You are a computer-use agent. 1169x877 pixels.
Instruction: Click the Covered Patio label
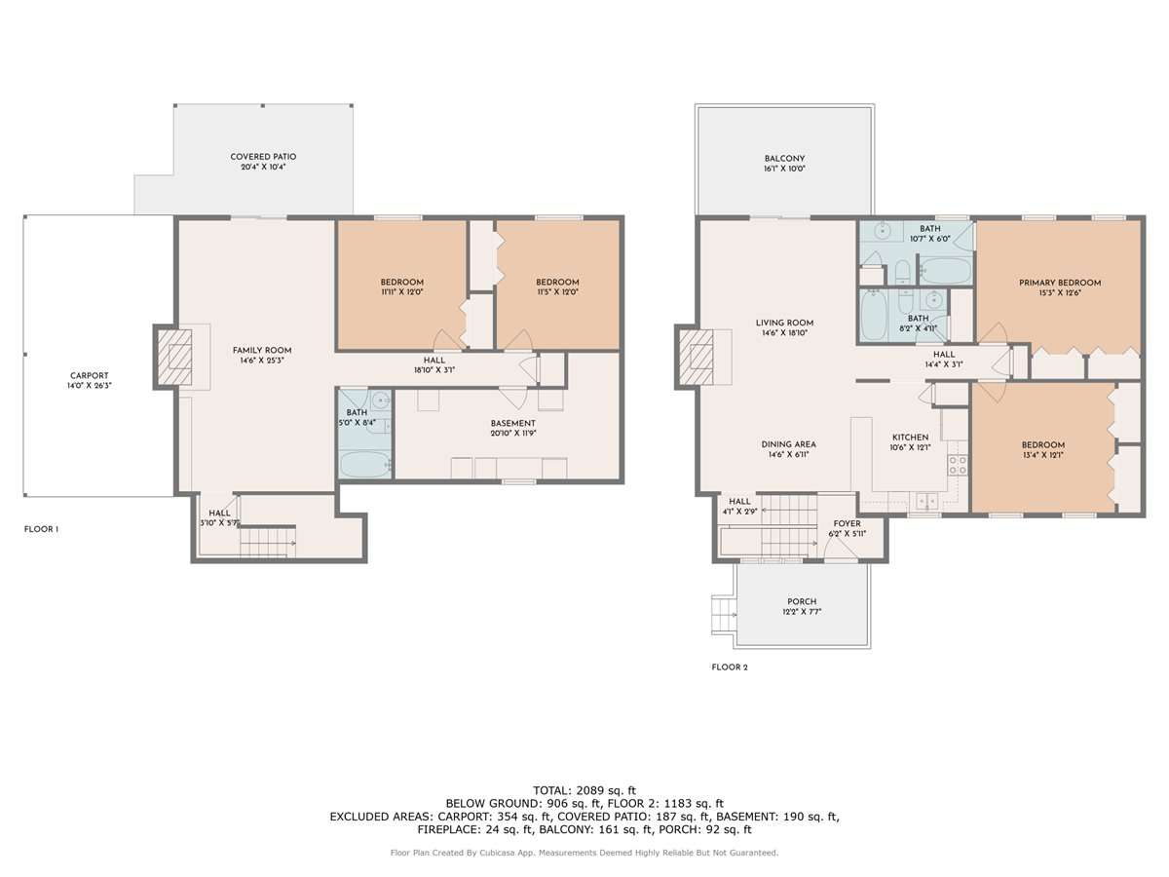[263, 157]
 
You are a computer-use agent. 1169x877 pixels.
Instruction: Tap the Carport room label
[89, 376]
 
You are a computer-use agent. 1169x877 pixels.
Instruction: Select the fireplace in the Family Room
[175, 357]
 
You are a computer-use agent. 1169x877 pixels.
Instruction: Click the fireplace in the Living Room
[698, 357]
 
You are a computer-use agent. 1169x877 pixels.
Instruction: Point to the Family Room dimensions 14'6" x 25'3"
[261, 362]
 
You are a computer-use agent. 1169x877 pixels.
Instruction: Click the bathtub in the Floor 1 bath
[365, 464]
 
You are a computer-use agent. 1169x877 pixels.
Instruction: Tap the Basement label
[512, 423]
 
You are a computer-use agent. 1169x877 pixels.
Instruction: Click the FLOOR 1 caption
[41, 529]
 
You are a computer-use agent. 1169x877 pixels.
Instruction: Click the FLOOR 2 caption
[730, 667]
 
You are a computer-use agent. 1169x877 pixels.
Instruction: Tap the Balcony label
[784, 158]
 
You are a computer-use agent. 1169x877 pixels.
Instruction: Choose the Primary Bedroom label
[1060, 284]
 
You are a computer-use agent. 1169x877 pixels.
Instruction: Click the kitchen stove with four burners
[958, 464]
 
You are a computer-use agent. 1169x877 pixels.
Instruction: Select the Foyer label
[846, 523]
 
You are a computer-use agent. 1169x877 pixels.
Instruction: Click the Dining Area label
[788, 444]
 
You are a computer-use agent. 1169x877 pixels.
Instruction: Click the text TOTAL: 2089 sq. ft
[584, 789]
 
